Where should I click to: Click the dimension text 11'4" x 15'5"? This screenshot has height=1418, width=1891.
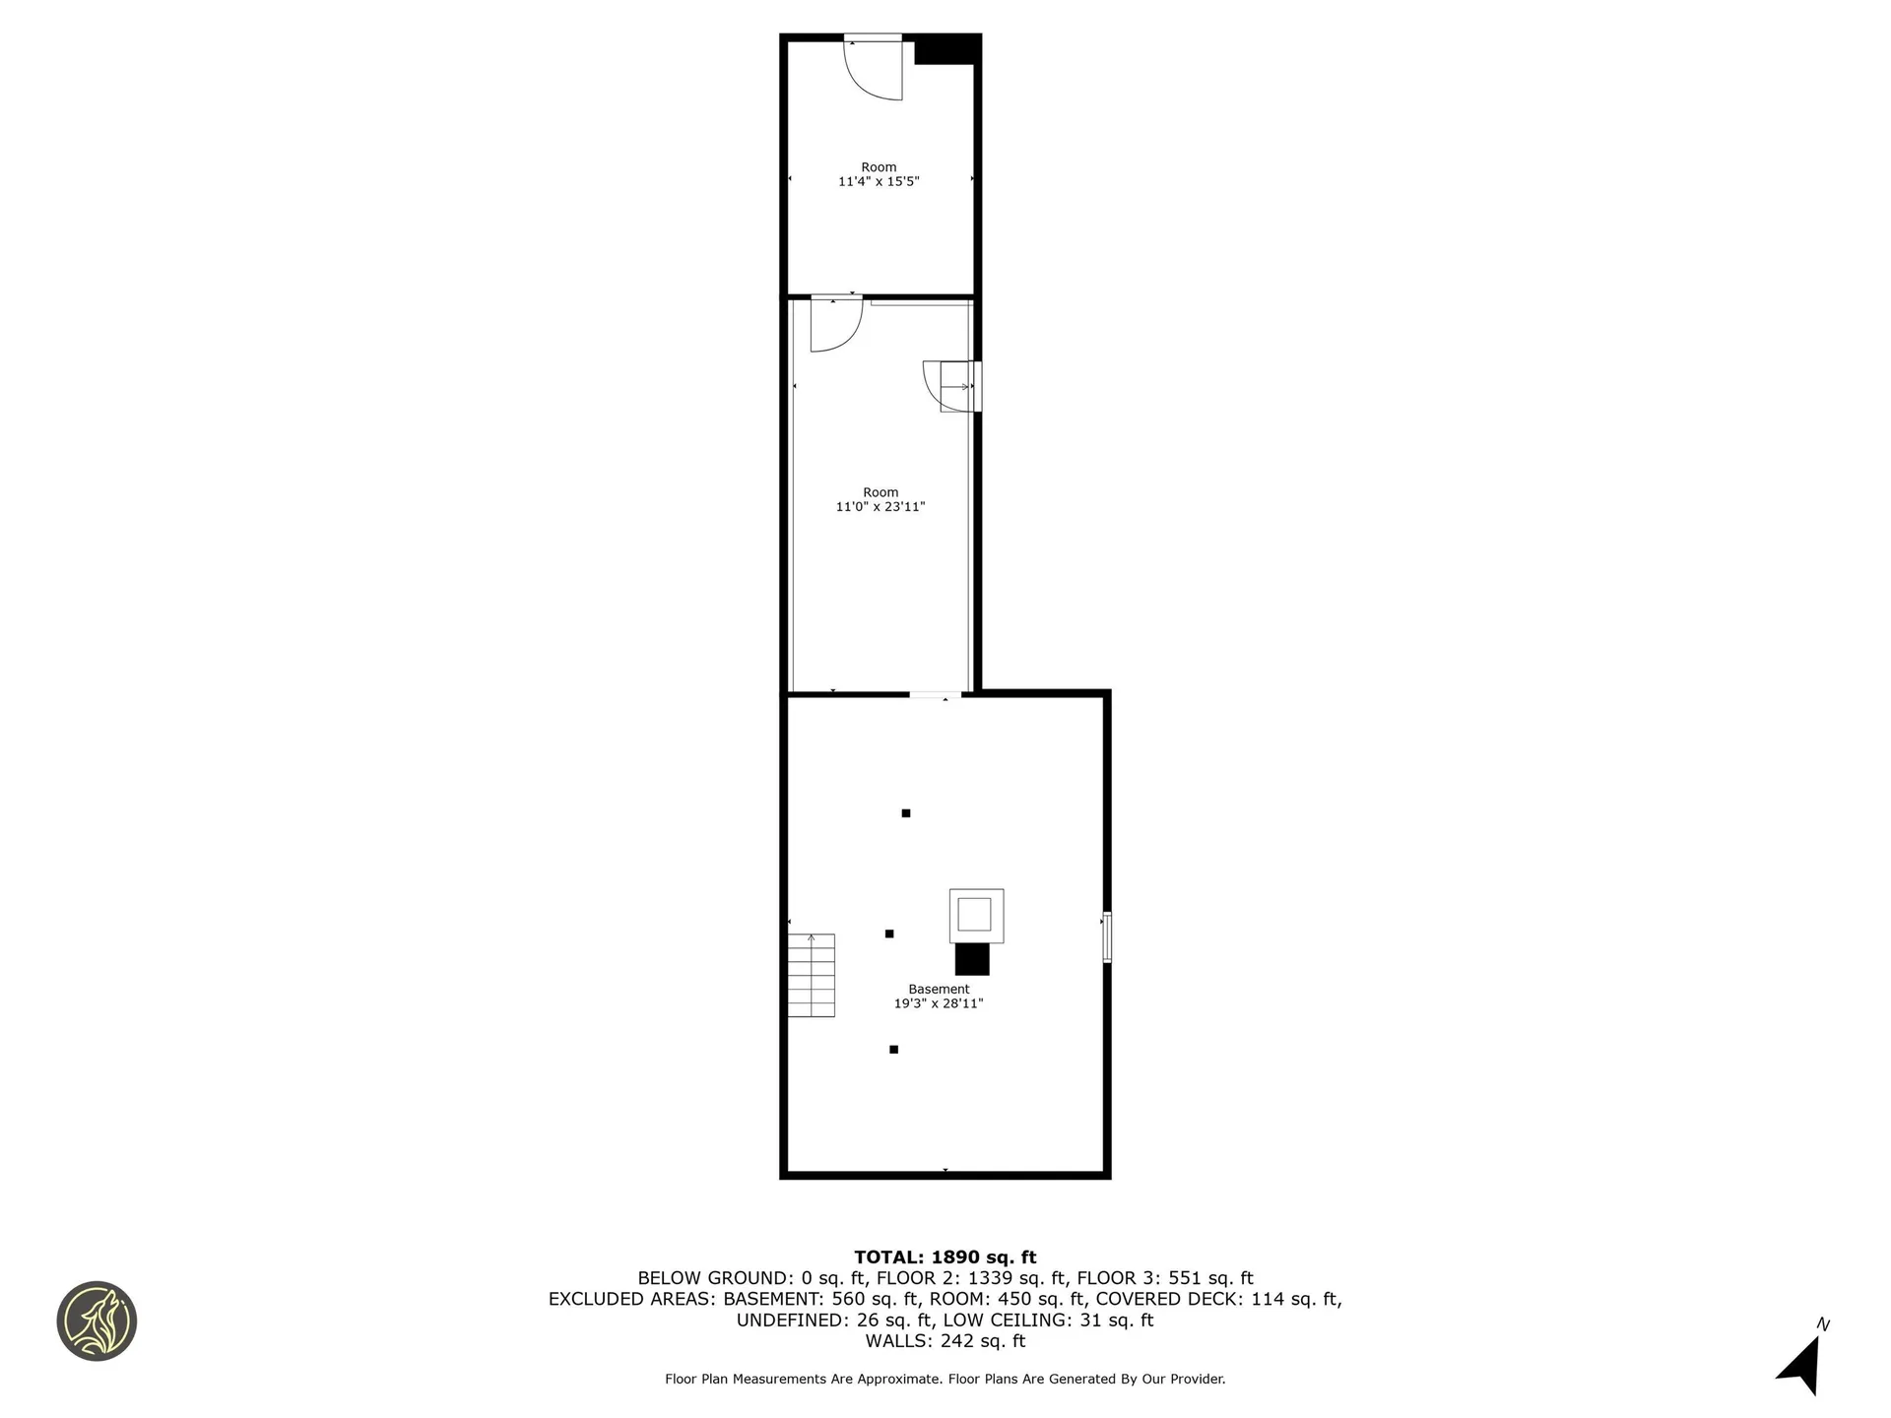(879, 182)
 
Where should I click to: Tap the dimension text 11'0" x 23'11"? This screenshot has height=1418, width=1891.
(880, 507)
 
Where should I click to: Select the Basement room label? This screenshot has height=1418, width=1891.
(939, 990)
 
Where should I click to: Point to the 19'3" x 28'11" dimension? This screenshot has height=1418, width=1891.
(939, 1004)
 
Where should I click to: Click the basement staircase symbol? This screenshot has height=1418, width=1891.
(812, 975)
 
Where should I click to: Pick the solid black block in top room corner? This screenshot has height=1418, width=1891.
(946, 50)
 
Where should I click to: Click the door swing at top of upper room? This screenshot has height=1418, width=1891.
(874, 68)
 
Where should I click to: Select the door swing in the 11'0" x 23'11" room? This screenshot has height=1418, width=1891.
(836, 324)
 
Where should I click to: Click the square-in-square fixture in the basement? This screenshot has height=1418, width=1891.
(976, 916)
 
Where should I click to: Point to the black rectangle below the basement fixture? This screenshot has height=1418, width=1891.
(972, 959)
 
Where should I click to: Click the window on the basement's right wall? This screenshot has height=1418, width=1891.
(1107, 936)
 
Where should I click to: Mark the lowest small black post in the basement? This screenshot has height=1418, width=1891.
(893, 1050)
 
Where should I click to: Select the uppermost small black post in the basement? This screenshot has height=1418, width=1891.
(906, 813)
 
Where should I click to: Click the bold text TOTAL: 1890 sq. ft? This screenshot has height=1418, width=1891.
(945, 1257)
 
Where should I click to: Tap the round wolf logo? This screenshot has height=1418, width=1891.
(97, 1321)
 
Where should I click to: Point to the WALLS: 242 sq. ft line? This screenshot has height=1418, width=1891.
(945, 1341)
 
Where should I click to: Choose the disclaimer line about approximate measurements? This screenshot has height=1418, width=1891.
(945, 1380)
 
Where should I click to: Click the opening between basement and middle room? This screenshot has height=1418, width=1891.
(935, 695)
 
